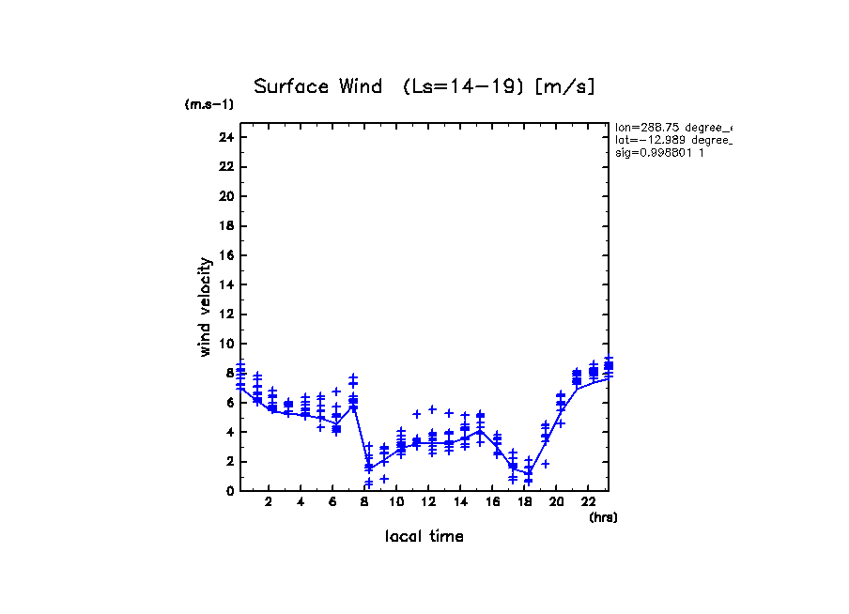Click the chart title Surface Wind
point(317,87)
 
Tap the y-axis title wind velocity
point(205,307)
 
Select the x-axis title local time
point(424,536)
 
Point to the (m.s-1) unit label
point(208,104)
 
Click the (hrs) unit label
point(602,517)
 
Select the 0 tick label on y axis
point(228,491)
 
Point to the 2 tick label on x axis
point(269,502)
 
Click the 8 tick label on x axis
point(364,502)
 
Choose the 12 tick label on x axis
point(428,502)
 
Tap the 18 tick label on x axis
point(524,502)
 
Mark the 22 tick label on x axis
point(588,502)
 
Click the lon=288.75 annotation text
point(672,127)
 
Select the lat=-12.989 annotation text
point(672,139)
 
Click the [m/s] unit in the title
point(564,87)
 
